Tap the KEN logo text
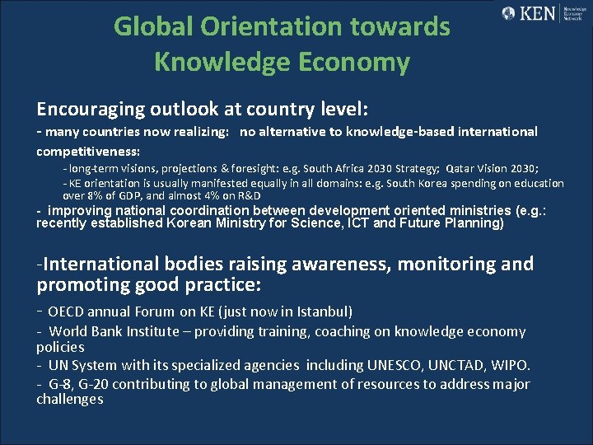point(540,13)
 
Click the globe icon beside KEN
point(509,13)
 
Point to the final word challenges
point(70,400)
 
